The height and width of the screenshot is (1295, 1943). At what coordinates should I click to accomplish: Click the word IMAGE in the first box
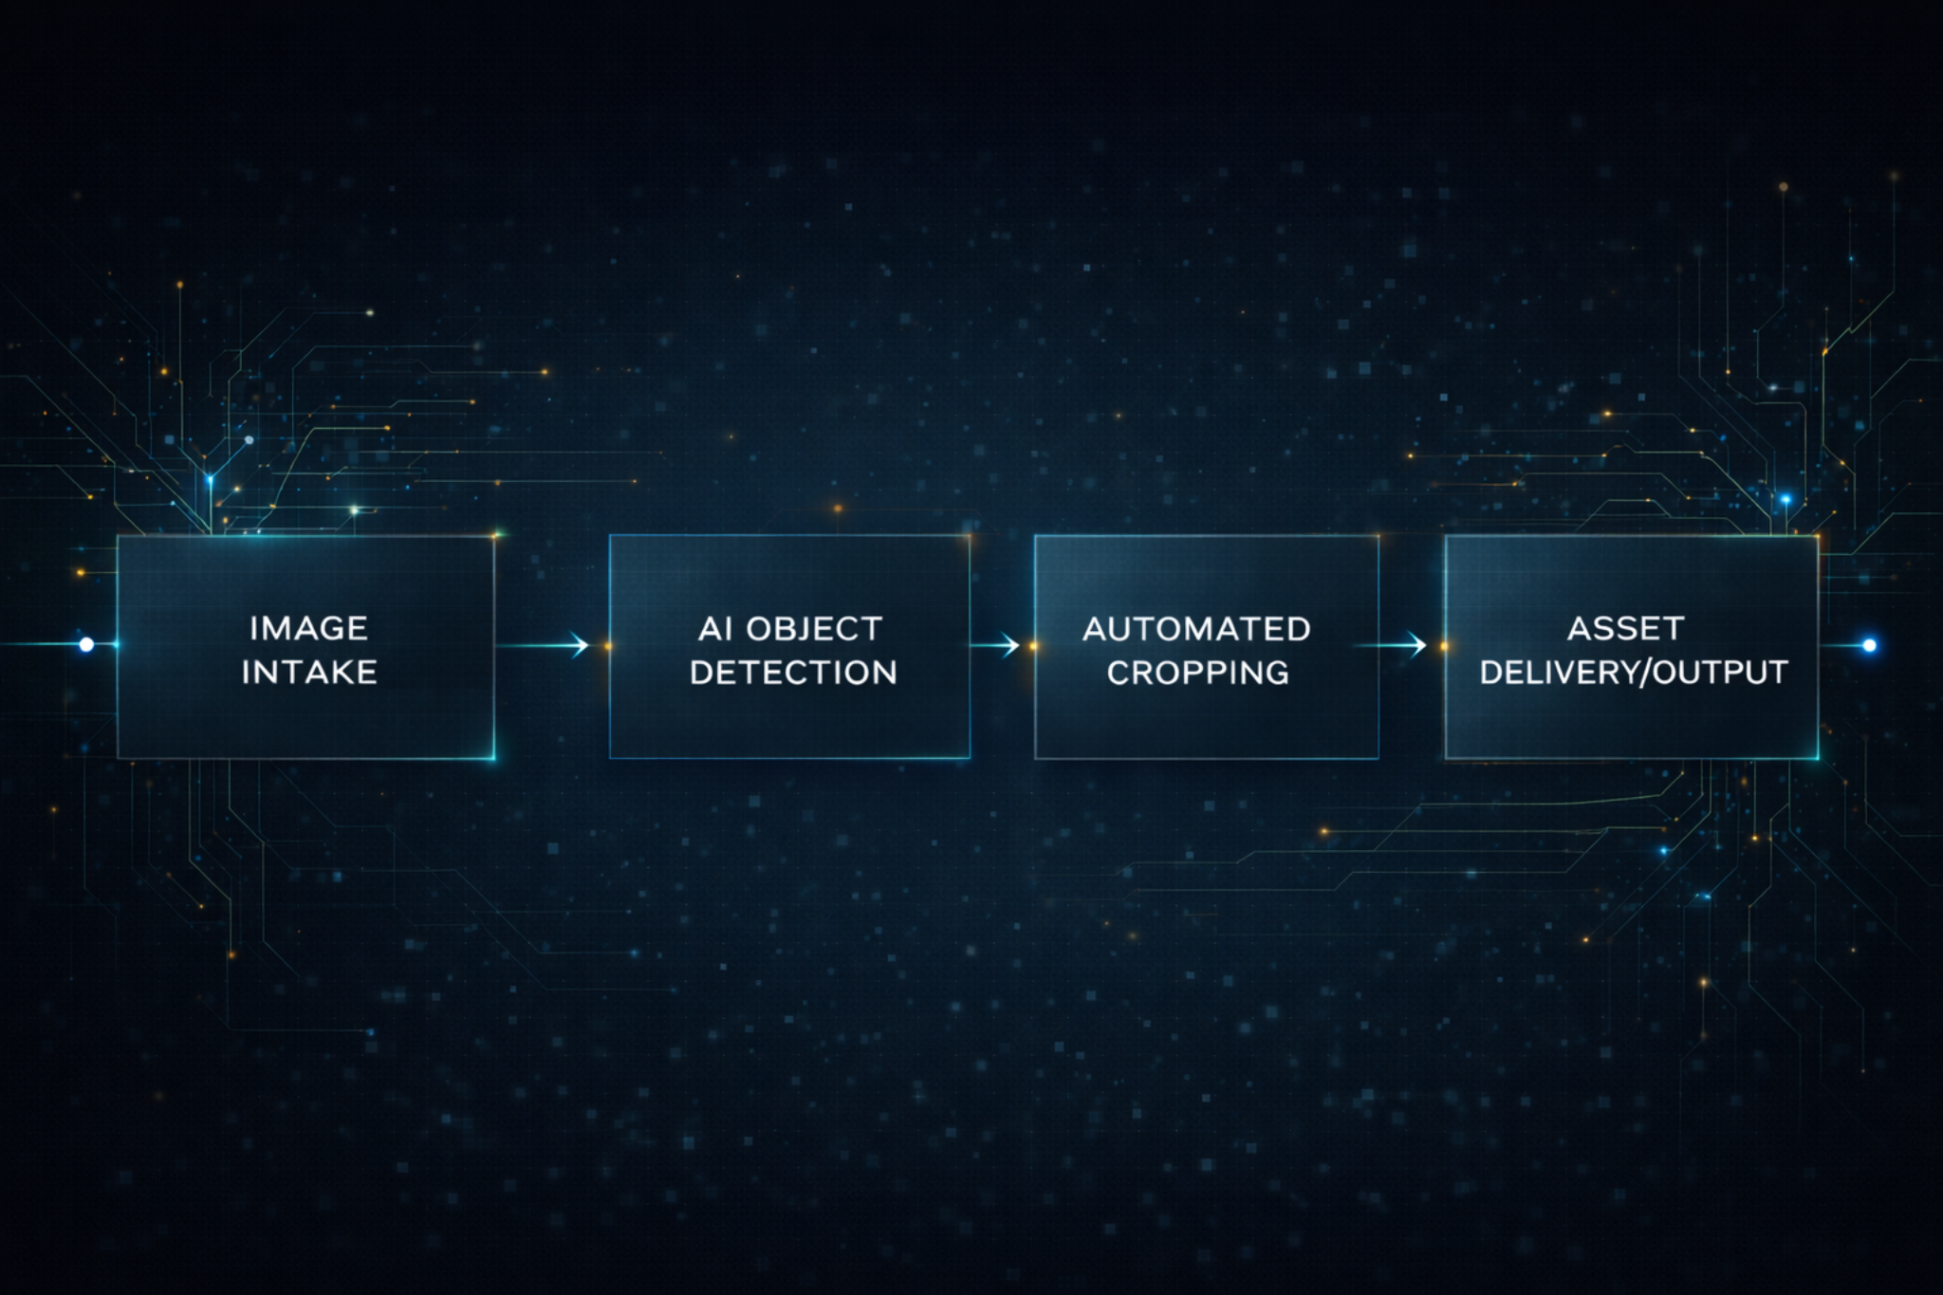(x=308, y=628)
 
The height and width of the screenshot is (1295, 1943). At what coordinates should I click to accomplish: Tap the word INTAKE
(x=309, y=673)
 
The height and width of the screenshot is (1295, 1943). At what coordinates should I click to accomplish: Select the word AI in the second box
(x=715, y=628)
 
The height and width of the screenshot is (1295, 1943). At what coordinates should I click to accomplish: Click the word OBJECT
(x=814, y=628)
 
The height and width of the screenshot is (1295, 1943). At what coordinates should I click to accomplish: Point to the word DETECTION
(x=793, y=673)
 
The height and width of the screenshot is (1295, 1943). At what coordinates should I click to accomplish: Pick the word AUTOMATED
(x=1196, y=628)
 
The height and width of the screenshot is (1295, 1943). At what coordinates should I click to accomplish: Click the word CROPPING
(x=1197, y=673)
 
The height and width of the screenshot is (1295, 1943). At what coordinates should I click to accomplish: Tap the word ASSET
(x=1625, y=628)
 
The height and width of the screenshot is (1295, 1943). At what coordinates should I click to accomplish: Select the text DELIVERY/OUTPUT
(x=1633, y=673)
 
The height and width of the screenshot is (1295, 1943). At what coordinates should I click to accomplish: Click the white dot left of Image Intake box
(x=86, y=645)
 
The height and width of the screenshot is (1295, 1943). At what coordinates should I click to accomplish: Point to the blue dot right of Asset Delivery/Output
(x=1869, y=645)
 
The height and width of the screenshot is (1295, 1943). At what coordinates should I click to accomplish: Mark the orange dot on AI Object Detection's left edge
(x=608, y=646)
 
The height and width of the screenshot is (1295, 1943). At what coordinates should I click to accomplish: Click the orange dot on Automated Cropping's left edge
(x=1033, y=646)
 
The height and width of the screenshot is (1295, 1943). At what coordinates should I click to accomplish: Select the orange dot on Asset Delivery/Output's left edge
(x=1444, y=646)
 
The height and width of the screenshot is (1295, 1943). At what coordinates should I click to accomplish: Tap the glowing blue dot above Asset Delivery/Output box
(x=1786, y=499)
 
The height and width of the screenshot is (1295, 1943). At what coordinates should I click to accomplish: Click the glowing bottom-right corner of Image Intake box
(x=493, y=757)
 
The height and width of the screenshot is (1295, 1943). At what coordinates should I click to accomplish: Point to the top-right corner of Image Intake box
(x=494, y=536)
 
